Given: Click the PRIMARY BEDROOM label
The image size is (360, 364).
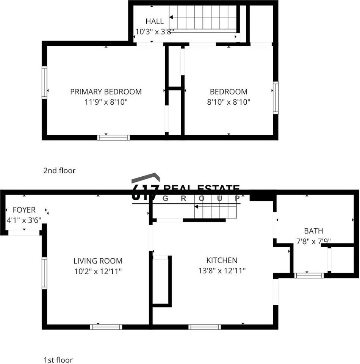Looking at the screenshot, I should (x=106, y=92).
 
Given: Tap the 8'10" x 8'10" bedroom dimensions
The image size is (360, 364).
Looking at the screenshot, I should (x=229, y=102).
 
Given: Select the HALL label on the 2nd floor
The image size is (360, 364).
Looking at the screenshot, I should (x=155, y=22).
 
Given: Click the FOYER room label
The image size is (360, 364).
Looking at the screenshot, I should (x=24, y=210).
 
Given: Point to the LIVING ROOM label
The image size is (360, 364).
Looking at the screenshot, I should (x=98, y=261).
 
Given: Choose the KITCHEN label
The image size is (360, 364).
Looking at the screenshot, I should (x=222, y=260).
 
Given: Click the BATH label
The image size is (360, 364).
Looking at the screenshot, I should (x=313, y=231).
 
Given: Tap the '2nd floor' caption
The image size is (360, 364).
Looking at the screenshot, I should (x=59, y=171).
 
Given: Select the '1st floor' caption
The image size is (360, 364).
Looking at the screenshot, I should (x=58, y=360).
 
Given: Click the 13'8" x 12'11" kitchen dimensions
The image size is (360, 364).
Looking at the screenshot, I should (x=222, y=271).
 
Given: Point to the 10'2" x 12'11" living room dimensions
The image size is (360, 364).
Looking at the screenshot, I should (x=98, y=271).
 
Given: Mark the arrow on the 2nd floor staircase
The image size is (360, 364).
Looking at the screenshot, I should (x=172, y=17).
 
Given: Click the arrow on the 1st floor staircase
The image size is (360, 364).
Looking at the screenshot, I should (x=197, y=207).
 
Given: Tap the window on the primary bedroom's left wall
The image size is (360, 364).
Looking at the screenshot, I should (x=44, y=82).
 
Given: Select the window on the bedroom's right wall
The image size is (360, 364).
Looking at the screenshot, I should (x=275, y=97).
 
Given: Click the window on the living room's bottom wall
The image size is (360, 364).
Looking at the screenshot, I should (x=106, y=327).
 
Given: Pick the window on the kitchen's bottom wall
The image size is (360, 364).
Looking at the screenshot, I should (x=205, y=327).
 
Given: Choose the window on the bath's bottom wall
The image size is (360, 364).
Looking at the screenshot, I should (x=309, y=276).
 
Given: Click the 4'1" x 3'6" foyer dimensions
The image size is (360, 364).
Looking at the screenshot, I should (x=24, y=220).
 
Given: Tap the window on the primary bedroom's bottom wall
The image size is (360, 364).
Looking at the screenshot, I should (x=114, y=138).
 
